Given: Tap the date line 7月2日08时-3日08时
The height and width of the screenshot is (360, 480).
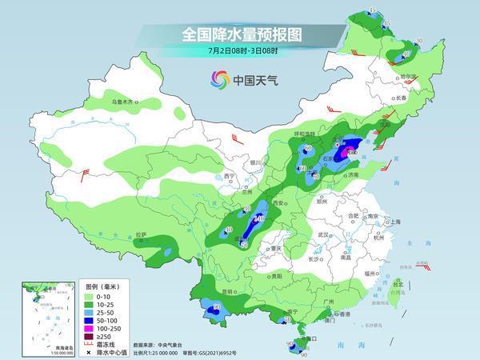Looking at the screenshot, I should coord(239,52).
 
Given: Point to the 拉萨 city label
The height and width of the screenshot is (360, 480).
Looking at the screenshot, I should coord(141,234).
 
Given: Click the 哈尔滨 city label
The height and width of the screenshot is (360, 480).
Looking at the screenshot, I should coord(409,77).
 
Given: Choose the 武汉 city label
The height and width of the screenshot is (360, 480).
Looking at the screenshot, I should coord(324,234).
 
